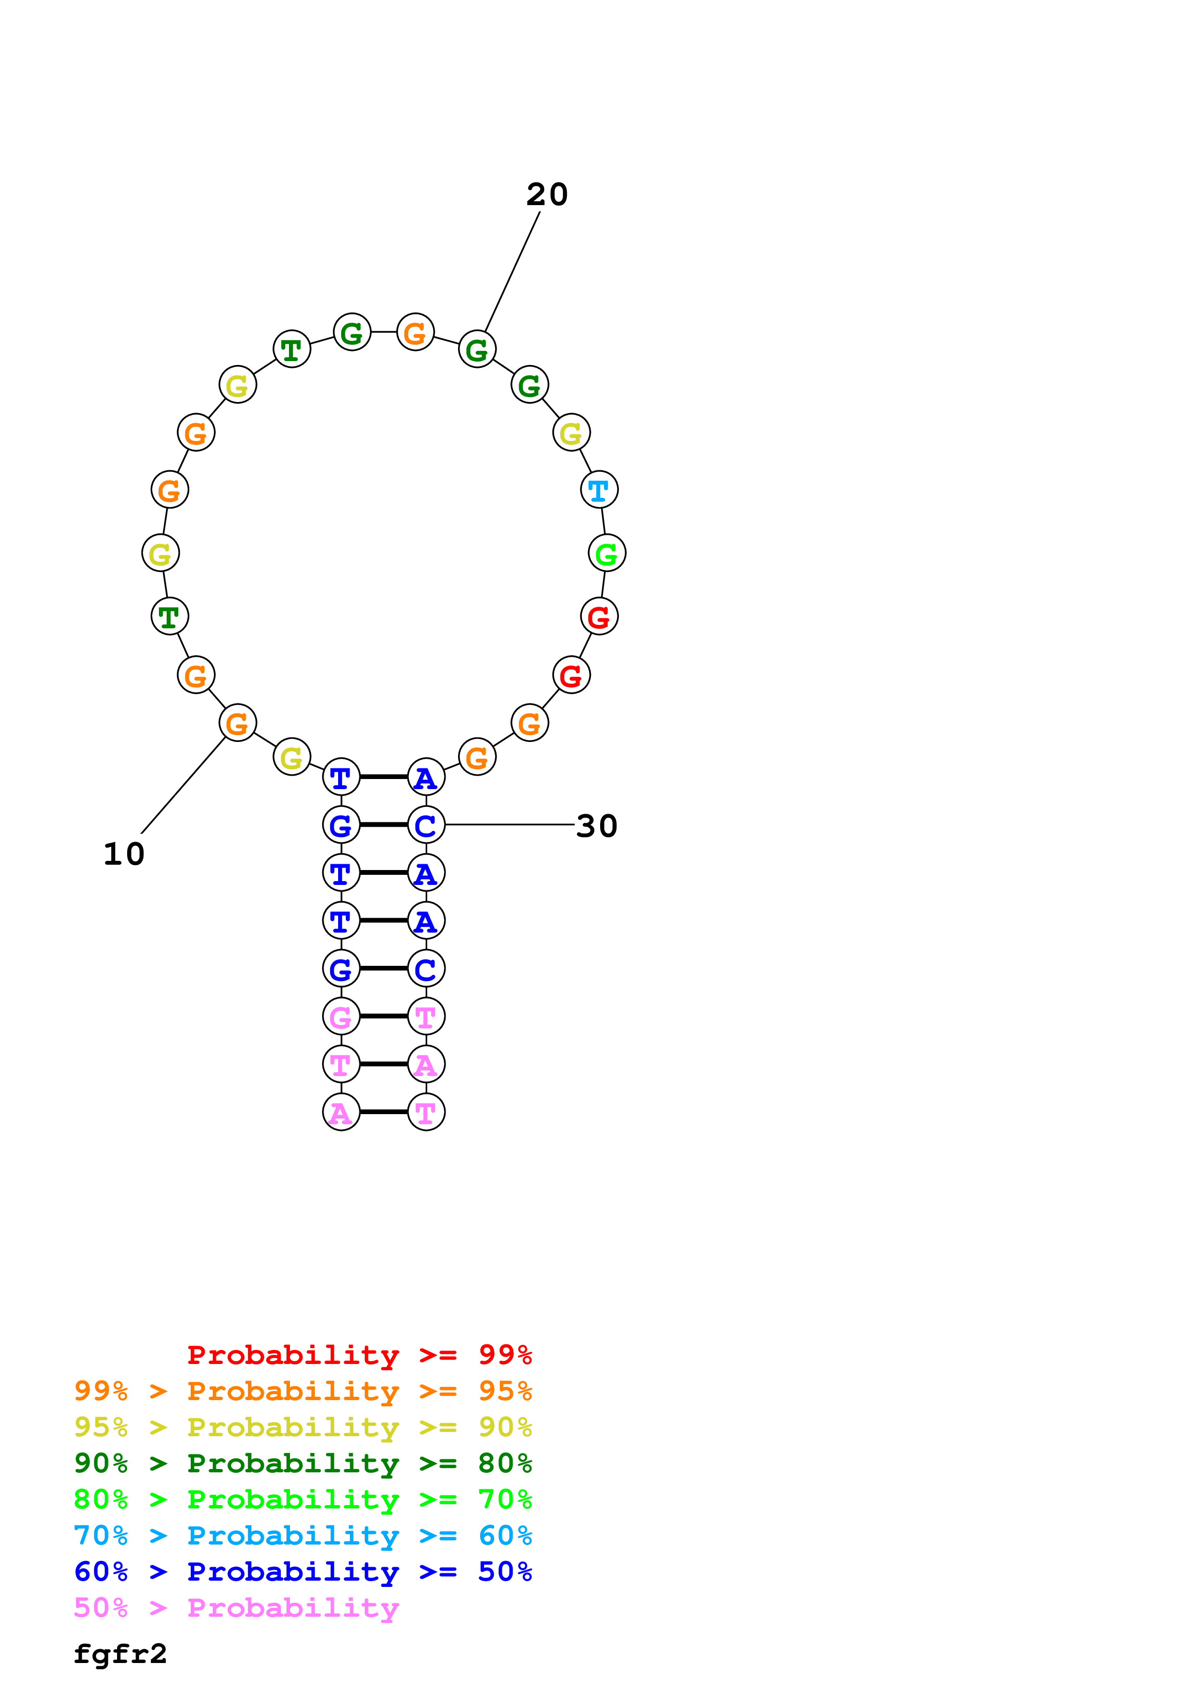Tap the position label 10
pyautogui.click(x=124, y=854)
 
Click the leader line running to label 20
pyautogui.click(x=512, y=272)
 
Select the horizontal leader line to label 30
pyautogui.click(x=509, y=825)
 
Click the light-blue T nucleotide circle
pyautogui.click(x=599, y=489)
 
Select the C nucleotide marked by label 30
pyautogui.click(x=426, y=825)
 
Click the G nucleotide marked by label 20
pyautogui.click(x=477, y=350)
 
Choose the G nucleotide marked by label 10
pyautogui.click(x=237, y=723)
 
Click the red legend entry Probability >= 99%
pyautogui.click(x=360, y=1355)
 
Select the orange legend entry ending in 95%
pyautogui.click(x=303, y=1391)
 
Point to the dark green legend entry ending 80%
pyautogui.click(x=303, y=1463)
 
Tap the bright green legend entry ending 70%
pyautogui.click(x=303, y=1499)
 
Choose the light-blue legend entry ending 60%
pyautogui.click(x=303, y=1535)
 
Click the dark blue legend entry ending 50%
pyautogui.click(x=303, y=1572)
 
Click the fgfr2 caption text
pyautogui.click(x=120, y=1654)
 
